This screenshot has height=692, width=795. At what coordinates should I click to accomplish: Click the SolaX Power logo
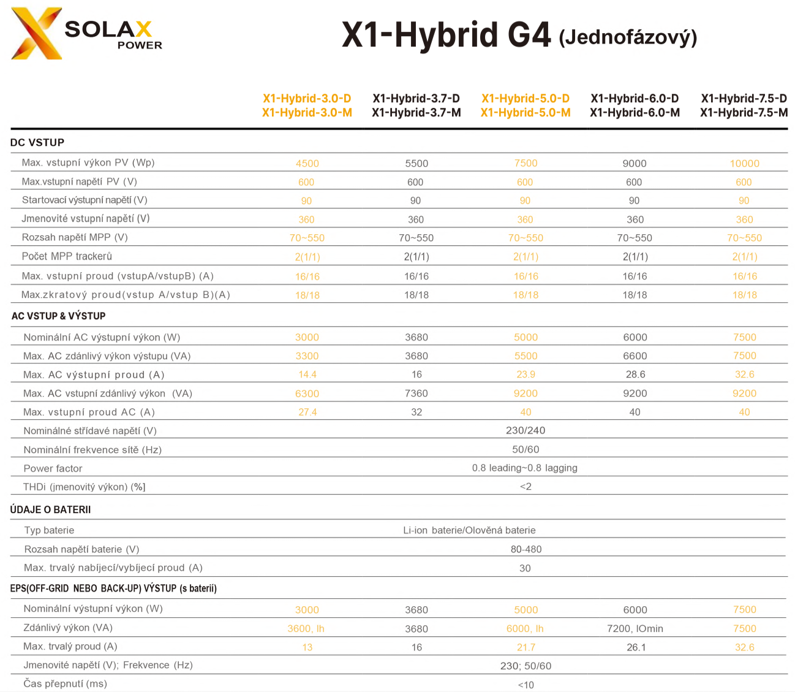[86, 34]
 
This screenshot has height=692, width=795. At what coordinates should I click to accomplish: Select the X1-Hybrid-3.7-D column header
[416, 98]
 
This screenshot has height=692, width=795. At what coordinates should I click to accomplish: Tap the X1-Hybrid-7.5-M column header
[744, 113]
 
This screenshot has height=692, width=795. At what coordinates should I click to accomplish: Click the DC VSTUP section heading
[37, 142]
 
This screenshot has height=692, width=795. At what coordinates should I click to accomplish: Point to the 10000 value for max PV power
[744, 163]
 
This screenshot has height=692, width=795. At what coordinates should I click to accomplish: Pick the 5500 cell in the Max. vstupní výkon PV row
[416, 163]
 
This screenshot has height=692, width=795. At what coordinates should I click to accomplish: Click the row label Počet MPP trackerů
[67, 256]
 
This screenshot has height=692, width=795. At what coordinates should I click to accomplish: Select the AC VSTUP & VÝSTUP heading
[58, 316]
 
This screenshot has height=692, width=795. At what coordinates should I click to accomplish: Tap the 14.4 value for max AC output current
[307, 375]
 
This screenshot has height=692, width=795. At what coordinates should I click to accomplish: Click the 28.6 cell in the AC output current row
[635, 375]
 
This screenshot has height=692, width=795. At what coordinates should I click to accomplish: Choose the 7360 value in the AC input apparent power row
[416, 394]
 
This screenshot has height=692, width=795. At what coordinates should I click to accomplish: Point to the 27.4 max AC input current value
[307, 412]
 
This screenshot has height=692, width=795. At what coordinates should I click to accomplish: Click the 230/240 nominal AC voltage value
[526, 430]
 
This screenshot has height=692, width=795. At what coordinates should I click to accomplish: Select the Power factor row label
[53, 468]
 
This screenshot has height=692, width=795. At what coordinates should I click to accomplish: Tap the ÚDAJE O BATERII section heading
[50, 510]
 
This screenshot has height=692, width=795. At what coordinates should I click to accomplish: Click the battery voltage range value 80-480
[526, 549]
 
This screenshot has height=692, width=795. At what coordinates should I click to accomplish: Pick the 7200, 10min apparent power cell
[635, 629]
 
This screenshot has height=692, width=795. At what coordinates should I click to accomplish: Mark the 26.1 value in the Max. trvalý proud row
[636, 647]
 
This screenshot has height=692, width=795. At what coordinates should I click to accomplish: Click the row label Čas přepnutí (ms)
[65, 684]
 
